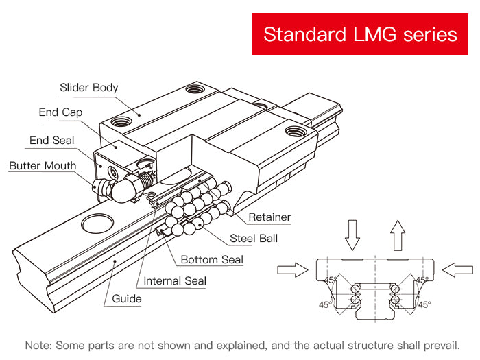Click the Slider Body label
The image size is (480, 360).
pos(89,88)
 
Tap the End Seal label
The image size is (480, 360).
pos(52,141)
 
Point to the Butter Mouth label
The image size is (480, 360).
pos(43,166)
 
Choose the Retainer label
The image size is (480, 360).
pos(269,217)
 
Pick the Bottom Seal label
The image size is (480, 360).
pos(211,260)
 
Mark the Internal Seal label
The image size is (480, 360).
pos(175,280)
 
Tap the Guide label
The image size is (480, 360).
pos(127,298)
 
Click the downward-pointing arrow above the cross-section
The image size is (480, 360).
pos(352,234)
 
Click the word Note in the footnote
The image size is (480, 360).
pos(38,345)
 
